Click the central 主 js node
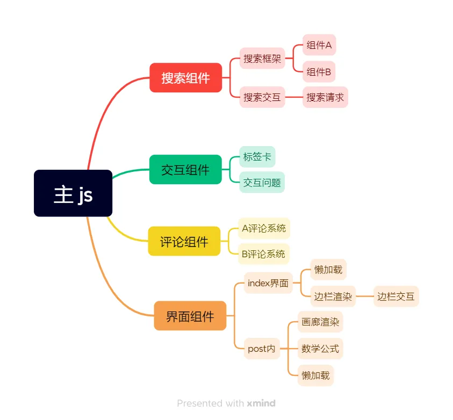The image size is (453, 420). [x=73, y=193]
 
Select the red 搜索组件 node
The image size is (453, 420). [x=185, y=78]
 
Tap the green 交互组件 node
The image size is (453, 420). [x=185, y=170]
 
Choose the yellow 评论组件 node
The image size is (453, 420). [x=184, y=241]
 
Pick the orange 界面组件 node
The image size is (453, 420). [x=190, y=316]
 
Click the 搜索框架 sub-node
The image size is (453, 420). [x=262, y=59]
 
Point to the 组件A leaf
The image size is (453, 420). [x=319, y=46]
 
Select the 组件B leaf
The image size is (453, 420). [x=319, y=71]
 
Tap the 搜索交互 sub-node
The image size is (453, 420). [x=262, y=97]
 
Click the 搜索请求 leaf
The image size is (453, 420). [x=325, y=97]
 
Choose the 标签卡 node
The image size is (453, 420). [x=257, y=157]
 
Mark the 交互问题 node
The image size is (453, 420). [x=262, y=183]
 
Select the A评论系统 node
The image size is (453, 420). [x=264, y=228]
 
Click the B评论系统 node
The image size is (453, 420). [x=263, y=254]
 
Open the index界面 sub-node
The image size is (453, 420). [x=268, y=283]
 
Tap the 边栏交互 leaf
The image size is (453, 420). [x=396, y=296]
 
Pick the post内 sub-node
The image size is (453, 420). [x=262, y=349]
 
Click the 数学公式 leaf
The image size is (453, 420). [x=320, y=349]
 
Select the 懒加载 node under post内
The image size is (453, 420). [x=316, y=375]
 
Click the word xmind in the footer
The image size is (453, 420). [x=261, y=403]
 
